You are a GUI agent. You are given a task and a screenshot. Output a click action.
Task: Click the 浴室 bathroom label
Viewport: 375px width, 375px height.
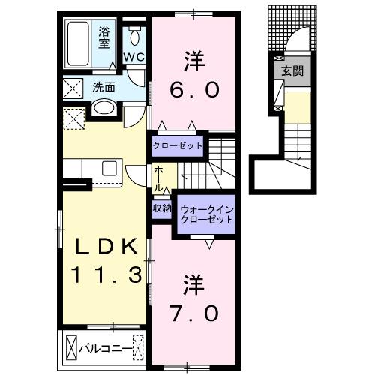(x=104, y=37)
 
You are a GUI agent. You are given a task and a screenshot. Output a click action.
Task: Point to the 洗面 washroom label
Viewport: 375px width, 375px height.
(x=104, y=87)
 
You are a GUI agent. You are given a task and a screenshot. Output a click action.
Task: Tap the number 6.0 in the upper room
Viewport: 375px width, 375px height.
(x=194, y=90)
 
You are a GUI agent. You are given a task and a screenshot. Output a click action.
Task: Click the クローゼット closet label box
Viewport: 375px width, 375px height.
(x=177, y=145)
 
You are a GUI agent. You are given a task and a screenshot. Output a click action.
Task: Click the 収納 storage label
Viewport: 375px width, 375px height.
(x=161, y=208)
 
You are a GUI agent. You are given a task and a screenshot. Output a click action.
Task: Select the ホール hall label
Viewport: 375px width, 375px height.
(x=160, y=178)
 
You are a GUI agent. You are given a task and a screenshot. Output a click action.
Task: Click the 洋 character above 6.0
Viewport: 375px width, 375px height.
(x=194, y=58)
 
